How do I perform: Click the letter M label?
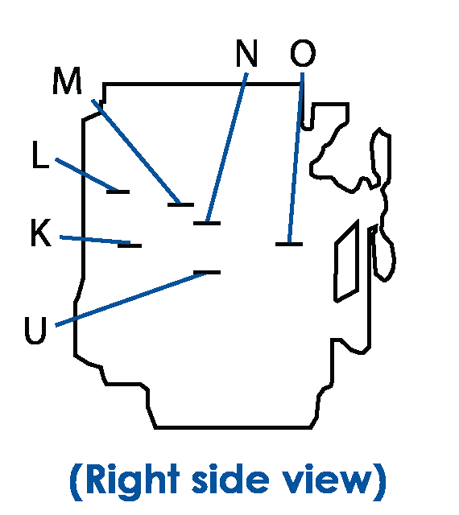point(67,80)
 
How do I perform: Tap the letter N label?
point(246,53)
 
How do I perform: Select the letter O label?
point(303,53)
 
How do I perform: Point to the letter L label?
point(40,154)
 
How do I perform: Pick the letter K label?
point(41,233)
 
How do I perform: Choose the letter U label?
point(35,331)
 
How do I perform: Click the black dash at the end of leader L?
point(118,192)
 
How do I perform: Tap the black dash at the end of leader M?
point(181,204)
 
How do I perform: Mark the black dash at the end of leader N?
point(207,224)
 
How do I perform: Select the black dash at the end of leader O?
point(289,244)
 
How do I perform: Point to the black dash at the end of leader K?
point(130,245)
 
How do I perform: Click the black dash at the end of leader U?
point(207,272)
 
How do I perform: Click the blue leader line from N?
point(227,147)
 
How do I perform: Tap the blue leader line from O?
point(296,158)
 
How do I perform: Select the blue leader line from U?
point(131,299)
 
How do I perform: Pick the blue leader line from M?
point(136,151)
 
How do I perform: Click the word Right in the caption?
point(133,480)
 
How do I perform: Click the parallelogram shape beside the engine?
point(346,261)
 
